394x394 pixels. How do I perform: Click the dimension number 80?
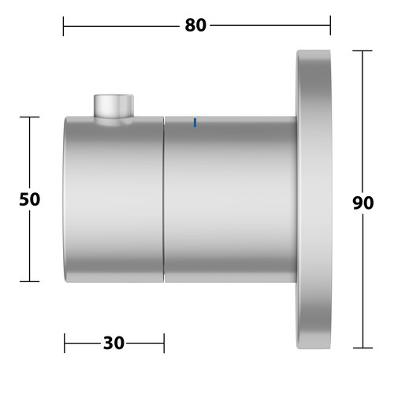click(x=195, y=25)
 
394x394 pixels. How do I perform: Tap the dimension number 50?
click(x=30, y=199)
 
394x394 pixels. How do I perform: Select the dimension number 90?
click(x=363, y=203)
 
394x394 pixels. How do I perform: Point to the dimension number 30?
click(x=113, y=343)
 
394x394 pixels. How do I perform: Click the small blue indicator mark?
click(x=195, y=123)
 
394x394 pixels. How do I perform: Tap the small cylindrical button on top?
click(x=113, y=106)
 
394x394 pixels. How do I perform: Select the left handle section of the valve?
click(x=113, y=199)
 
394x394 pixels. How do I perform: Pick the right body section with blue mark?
click(x=231, y=199)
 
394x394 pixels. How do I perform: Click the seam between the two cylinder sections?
click(x=164, y=199)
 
